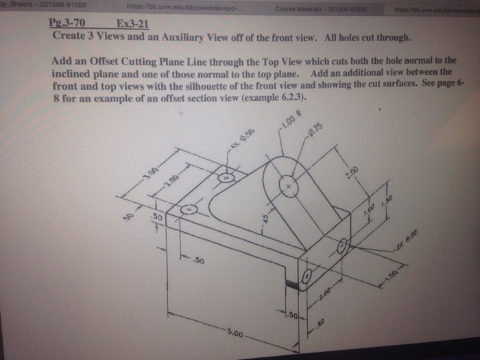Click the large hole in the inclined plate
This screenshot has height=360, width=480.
[291, 186]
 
